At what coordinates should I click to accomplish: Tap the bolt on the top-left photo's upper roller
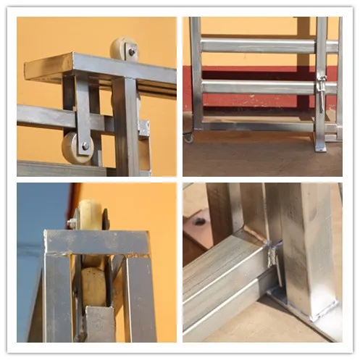point(131,51)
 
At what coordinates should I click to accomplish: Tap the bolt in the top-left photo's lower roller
point(85,146)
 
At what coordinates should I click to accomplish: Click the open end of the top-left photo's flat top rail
point(32,70)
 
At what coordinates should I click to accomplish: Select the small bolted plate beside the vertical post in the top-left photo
point(143,129)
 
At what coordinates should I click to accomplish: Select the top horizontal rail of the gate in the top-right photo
point(254,46)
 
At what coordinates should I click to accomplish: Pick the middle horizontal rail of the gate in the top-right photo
point(254,87)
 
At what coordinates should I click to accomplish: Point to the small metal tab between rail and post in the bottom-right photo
point(275,254)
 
